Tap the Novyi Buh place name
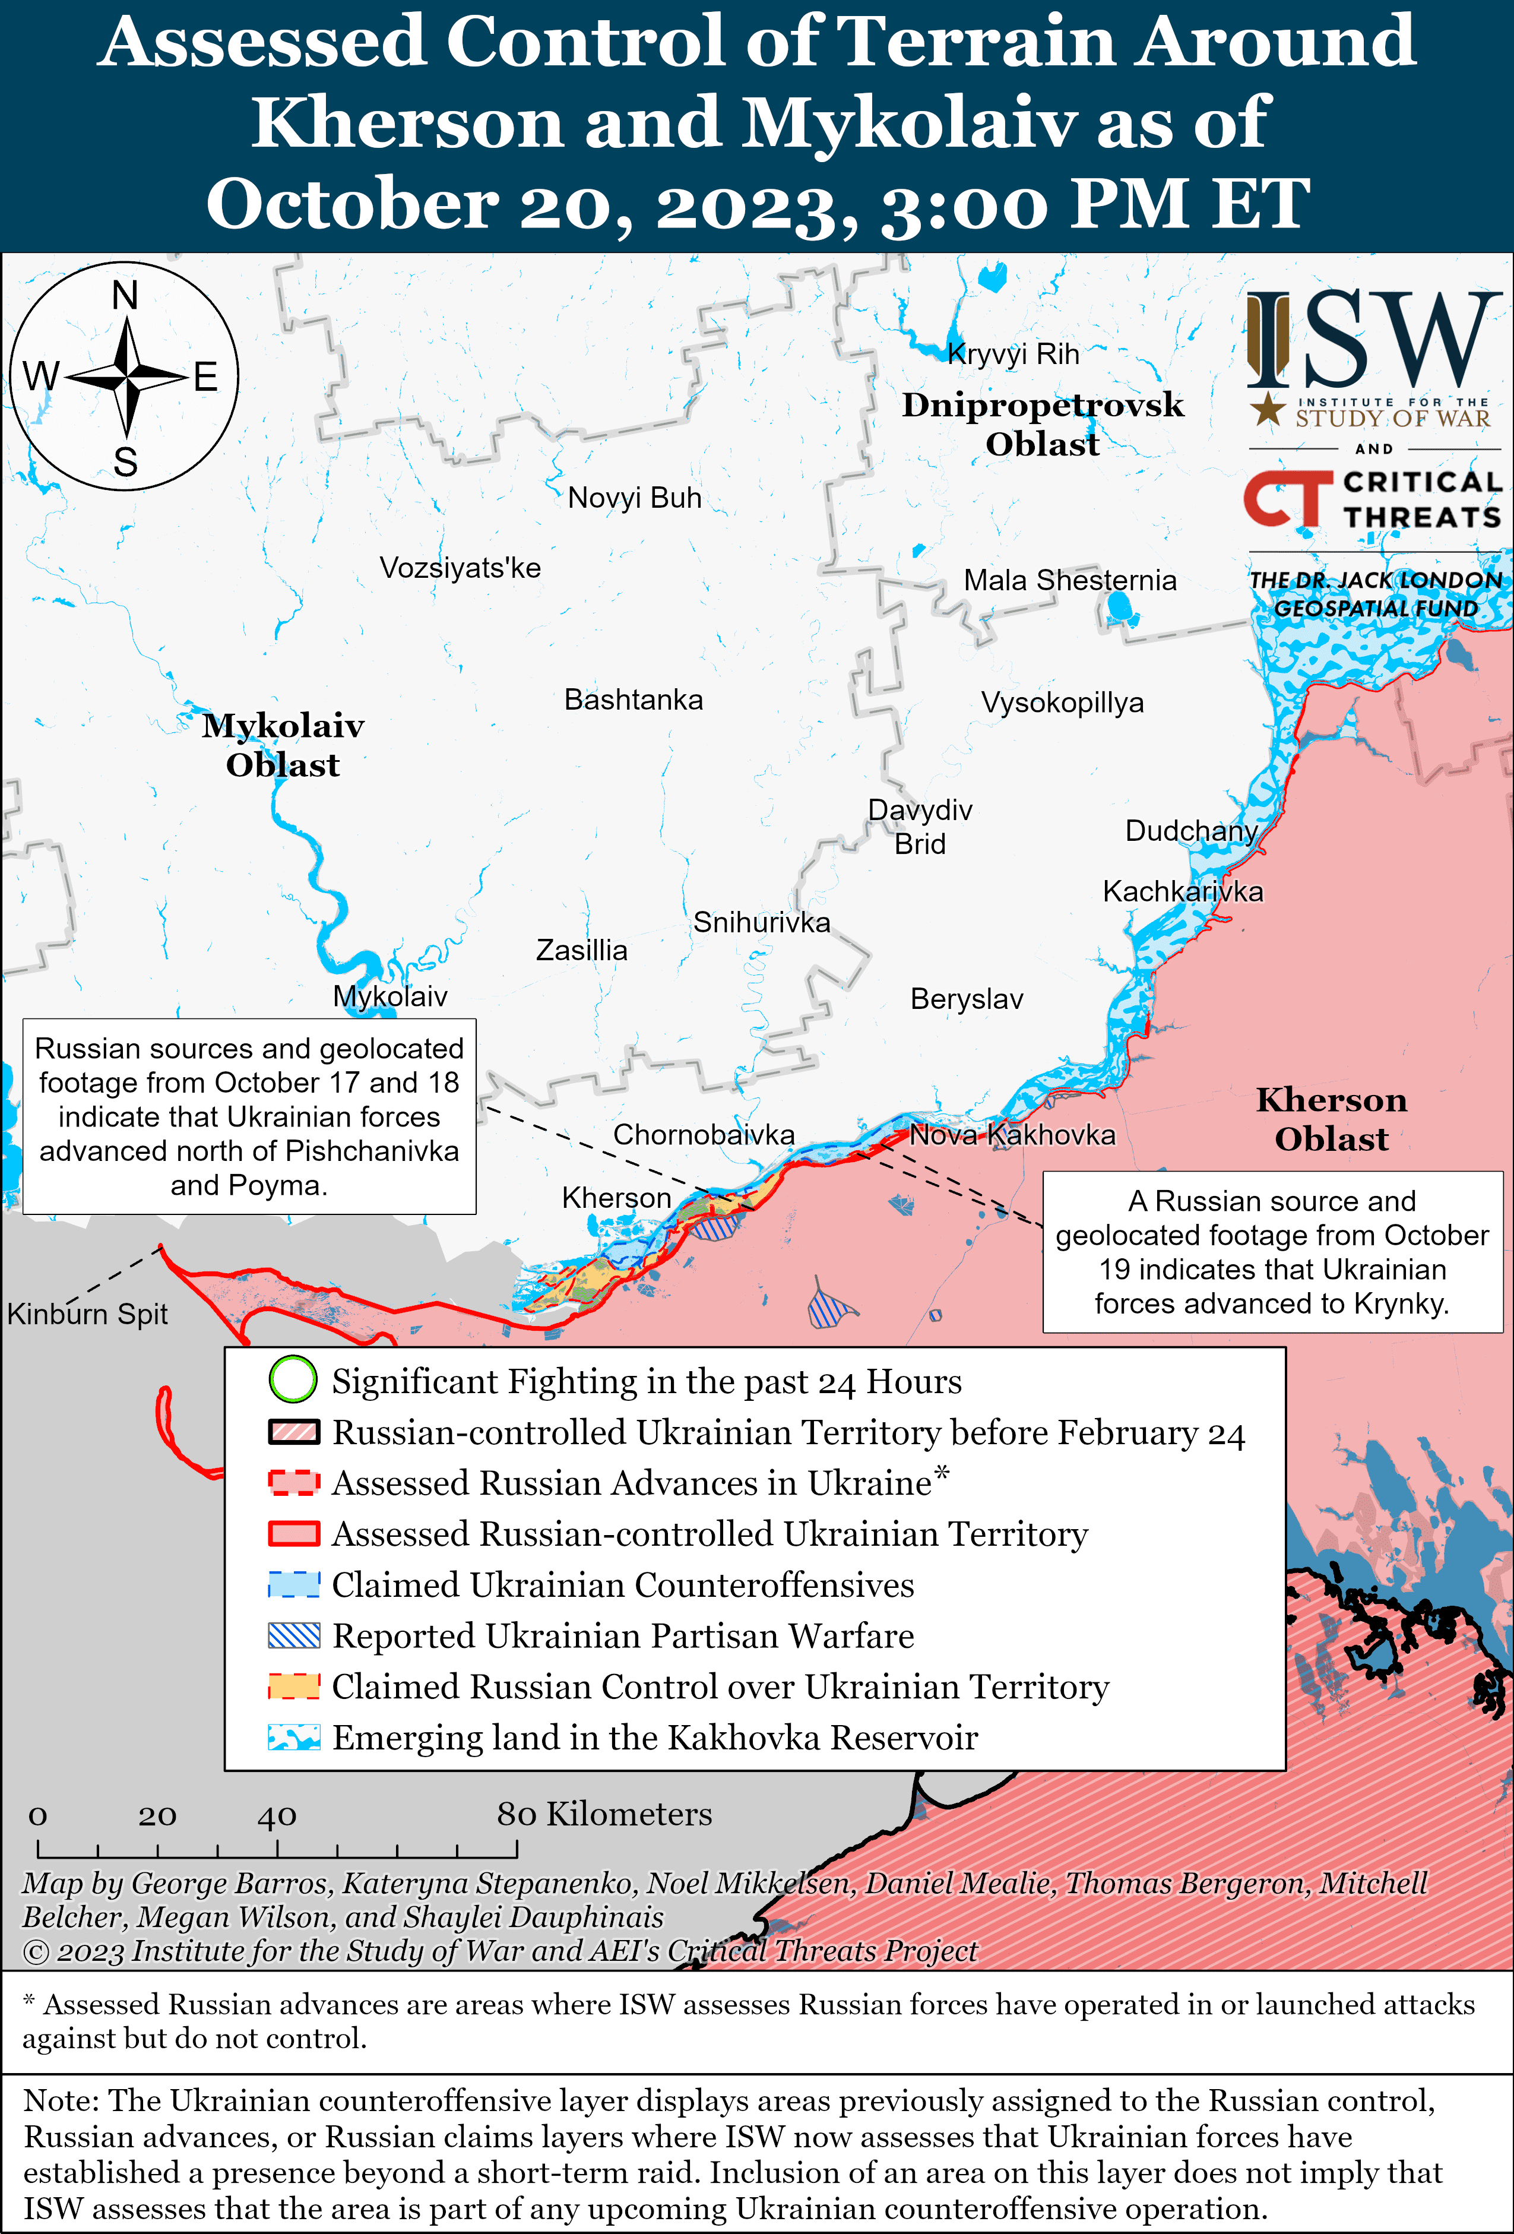click(635, 498)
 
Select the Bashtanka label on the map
click(634, 700)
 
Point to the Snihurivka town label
click(761, 923)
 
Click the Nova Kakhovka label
click(1012, 1135)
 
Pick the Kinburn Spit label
click(87, 1314)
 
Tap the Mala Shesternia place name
click(1070, 581)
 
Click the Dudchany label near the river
click(1191, 831)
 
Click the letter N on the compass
click(125, 295)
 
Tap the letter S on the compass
click(126, 463)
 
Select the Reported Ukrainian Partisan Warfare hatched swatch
click(293, 1635)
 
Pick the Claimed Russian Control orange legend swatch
click(293, 1686)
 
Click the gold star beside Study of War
click(1267, 410)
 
